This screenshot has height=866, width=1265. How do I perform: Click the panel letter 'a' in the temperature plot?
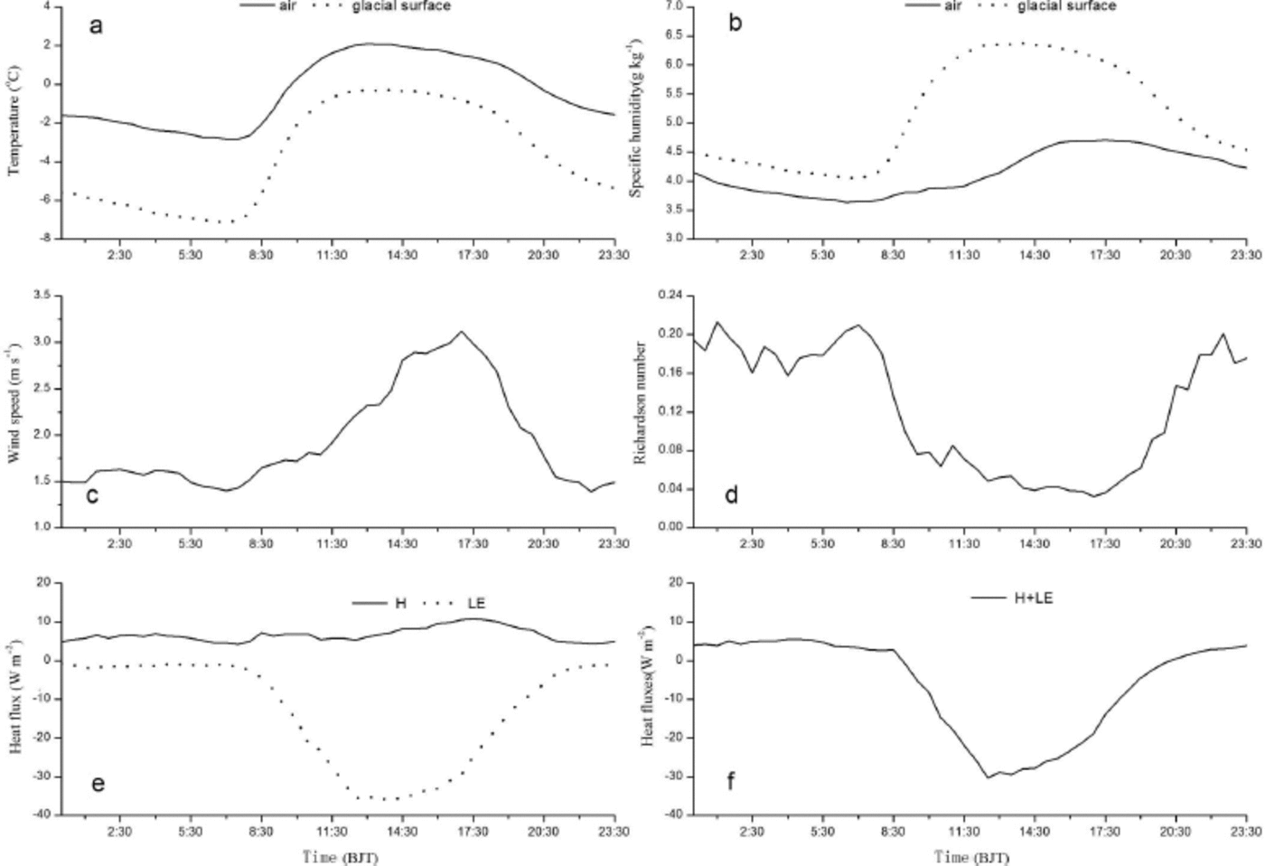point(96,25)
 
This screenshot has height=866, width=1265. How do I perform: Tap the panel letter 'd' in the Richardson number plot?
point(731,494)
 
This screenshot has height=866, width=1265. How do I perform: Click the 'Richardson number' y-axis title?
point(640,403)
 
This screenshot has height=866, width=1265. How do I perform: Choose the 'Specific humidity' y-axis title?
point(636,118)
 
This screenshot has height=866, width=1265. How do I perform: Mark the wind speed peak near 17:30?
point(462,331)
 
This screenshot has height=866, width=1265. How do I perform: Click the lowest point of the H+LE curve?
point(988,777)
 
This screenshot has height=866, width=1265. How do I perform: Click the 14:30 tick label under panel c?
point(402,543)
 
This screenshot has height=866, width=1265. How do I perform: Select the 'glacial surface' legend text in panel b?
point(1066,6)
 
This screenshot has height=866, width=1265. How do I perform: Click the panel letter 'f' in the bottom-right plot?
point(730,780)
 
